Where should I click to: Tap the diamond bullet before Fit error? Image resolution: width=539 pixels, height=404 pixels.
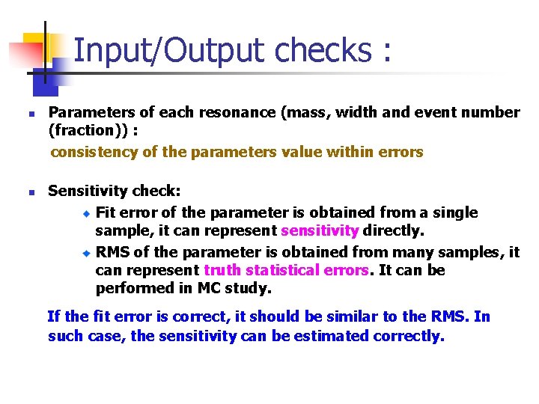(86, 213)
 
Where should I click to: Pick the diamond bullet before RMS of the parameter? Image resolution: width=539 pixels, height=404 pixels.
(86, 252)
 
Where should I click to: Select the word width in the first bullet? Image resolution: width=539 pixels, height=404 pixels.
(358, 113)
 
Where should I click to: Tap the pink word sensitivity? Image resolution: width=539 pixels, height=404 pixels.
(320, 231)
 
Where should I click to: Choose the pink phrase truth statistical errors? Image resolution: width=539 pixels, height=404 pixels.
(286, 270)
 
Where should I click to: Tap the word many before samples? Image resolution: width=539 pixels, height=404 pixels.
(407, 252)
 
